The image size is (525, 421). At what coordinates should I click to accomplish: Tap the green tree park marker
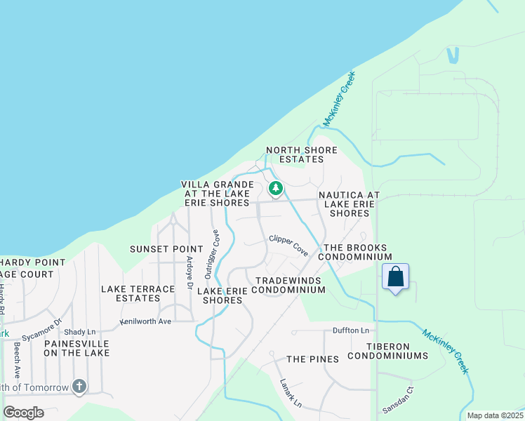click(276, 188)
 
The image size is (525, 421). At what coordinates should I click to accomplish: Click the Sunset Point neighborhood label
click(166, 249)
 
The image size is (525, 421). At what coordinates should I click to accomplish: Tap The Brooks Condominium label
click(355, 253)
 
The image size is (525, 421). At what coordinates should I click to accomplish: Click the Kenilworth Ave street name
click(145, 321)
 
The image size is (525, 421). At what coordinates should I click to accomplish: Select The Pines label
click(312, 359)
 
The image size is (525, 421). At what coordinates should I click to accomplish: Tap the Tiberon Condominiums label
click(397, 351)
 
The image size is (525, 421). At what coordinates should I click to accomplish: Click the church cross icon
click(79, 386)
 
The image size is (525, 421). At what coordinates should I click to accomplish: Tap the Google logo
click(23, 412)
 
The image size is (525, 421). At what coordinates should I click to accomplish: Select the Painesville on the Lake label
click(77, 348)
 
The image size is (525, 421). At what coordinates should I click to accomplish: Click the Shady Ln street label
click(79, 332)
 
